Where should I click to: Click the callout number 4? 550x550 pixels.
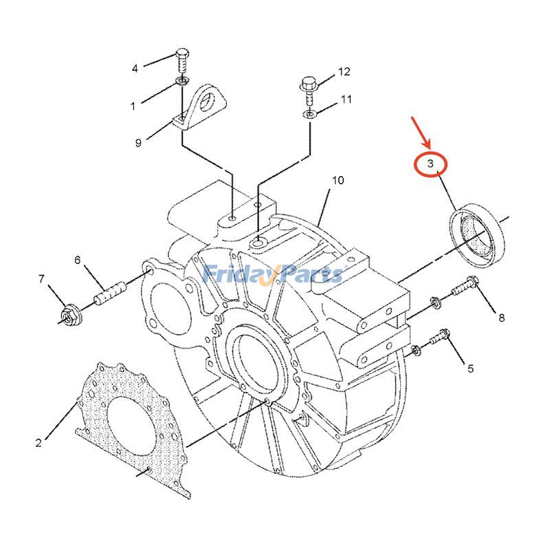point(135,68)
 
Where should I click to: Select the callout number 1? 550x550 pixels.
point(133,106)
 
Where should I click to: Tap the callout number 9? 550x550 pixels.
point(138,142)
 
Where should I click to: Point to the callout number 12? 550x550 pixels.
point(344,71)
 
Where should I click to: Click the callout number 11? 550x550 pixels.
point(346,100)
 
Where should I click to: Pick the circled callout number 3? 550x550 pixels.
point(430,164)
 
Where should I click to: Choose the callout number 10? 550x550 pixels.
point(338,181)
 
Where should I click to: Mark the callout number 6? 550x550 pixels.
point(78,260)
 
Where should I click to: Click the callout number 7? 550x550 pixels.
point(41,279)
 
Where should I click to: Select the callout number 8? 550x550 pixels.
point(501,317)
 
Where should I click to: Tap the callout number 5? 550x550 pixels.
point(470,368)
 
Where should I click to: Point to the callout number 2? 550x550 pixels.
point(38,442)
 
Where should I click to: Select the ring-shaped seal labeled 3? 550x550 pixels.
point(476,234)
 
